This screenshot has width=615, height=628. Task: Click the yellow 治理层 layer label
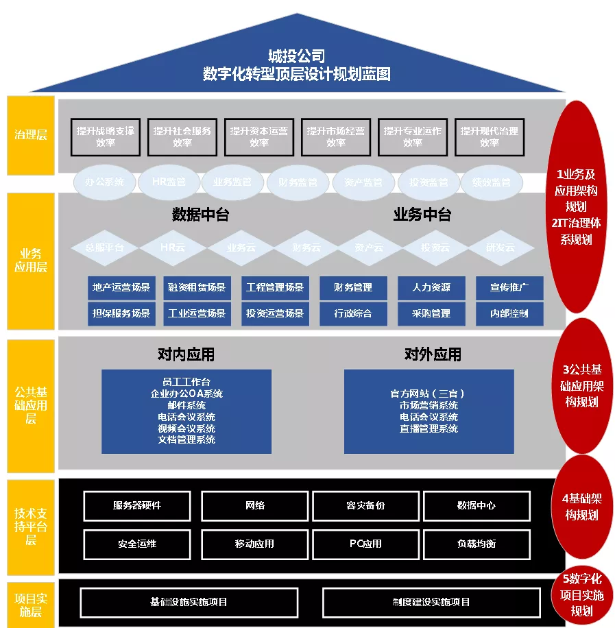(x=31, y=135)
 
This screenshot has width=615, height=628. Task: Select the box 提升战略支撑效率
(x=106, y=136)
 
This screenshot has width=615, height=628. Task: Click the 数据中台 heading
(x=200, y=215)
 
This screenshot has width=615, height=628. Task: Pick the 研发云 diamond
(x=501, y=247)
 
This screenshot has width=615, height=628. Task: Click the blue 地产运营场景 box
(x=121, y=288)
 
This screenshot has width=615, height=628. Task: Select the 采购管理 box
(x=431, y=313)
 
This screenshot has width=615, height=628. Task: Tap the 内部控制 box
(x=509, y=313)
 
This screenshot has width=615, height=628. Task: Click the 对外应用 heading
(x=433, y=354)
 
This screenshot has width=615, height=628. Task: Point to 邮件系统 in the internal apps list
(x=186, y=405)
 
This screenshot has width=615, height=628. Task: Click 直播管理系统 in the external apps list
(x=429, y=428)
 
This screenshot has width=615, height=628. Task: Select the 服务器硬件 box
(x=137, y=506)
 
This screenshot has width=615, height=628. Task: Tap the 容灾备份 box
(x=365, y=506)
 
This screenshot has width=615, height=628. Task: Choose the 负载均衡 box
(x=477, y=544)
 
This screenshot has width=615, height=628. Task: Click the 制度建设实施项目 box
(x=431, y=602)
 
